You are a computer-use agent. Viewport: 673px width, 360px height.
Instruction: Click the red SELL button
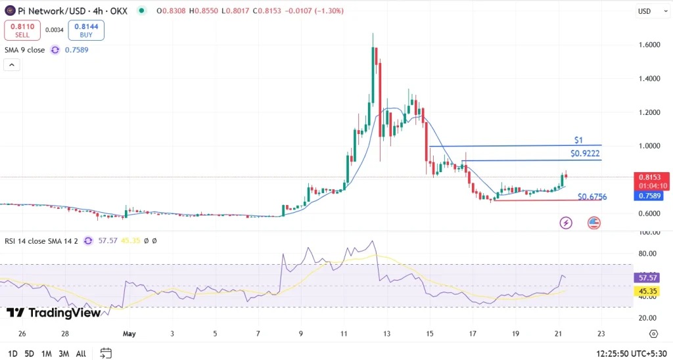click(23, 30)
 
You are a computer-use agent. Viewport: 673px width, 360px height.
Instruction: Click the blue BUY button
click(86, 30)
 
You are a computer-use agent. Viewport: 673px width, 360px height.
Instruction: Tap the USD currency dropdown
click(647, 11)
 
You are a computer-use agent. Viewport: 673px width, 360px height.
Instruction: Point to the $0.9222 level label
click(584, 154)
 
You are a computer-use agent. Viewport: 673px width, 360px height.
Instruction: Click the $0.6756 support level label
click(592, 196)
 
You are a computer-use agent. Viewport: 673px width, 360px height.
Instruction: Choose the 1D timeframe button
click(12, 353)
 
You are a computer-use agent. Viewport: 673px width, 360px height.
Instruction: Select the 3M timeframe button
click(64, 353)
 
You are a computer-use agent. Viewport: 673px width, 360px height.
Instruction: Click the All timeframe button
click(81, 353)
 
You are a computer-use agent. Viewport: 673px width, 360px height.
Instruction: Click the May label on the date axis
click(129, 334)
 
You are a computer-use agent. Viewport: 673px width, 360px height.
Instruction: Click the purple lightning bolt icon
click(566, 223)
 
